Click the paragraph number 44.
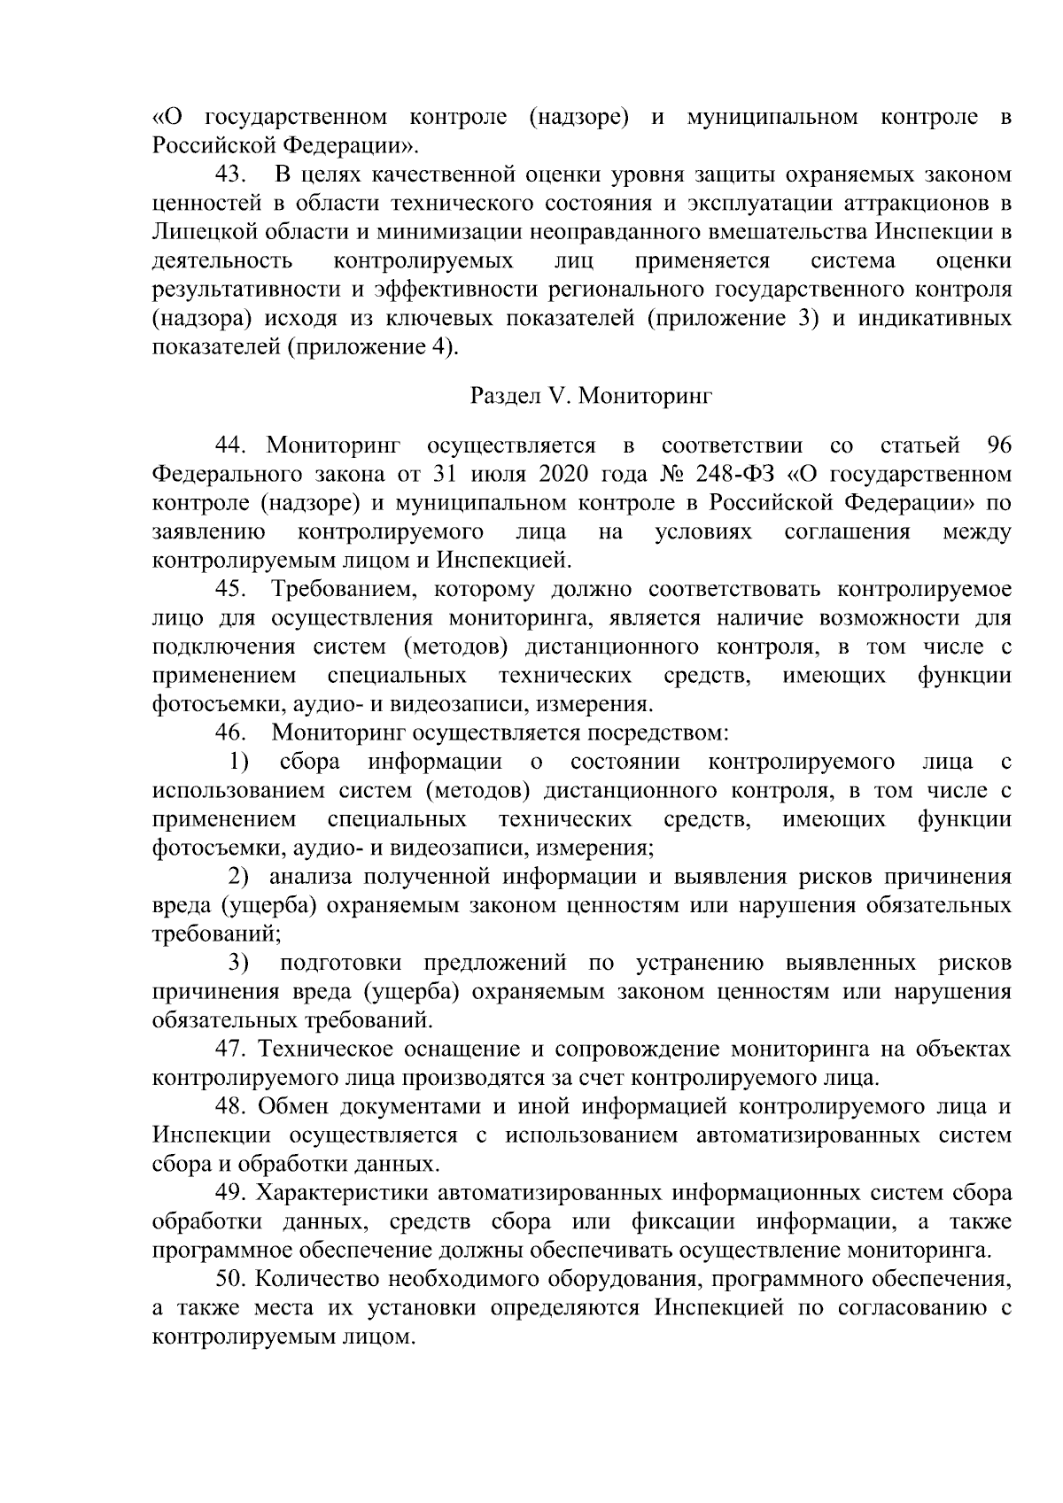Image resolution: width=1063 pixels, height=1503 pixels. [x=233, y=445]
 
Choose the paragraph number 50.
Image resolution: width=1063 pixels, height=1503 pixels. [x=233, y=1280]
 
